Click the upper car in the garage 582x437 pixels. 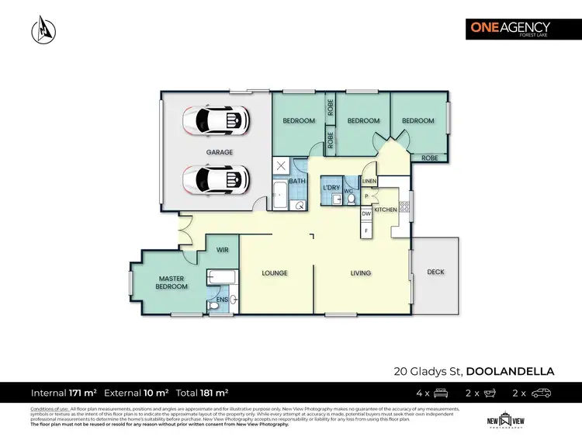click(x=215, y=120)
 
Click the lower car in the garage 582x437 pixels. click(x=215, y=180)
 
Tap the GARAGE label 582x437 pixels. click(x=219, y=152)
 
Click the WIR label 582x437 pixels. click(x=221, y=250)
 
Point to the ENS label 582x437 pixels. click(x=221, y=299)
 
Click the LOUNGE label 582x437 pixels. click(x=275, y=273)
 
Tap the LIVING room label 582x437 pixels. click(x=360, y=273)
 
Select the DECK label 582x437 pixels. click(x=435, y=272)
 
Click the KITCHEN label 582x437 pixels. click(x=386, y=210)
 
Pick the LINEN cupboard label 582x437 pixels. click(x=369, y=182)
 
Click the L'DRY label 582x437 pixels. click(x=332, y=188)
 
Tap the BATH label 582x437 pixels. click(x=297, y=181)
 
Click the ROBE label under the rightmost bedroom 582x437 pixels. click(x=429, y=158)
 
